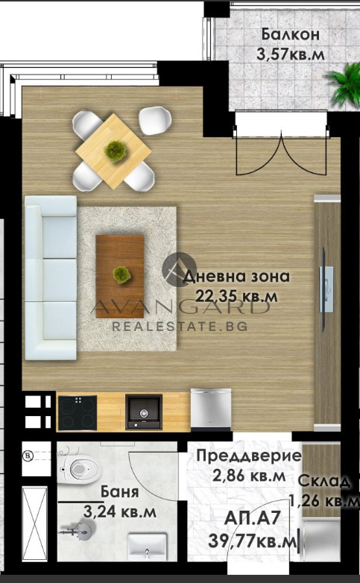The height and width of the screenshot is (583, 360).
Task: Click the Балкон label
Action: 291,34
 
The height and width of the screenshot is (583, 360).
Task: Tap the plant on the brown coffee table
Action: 120,274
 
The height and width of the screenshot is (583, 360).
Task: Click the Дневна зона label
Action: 236,277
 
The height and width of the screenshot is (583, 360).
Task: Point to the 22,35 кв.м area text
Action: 236,296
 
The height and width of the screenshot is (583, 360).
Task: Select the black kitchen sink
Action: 143,412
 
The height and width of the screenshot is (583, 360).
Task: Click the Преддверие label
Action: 248,456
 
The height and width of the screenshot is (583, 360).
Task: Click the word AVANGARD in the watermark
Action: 179,307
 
